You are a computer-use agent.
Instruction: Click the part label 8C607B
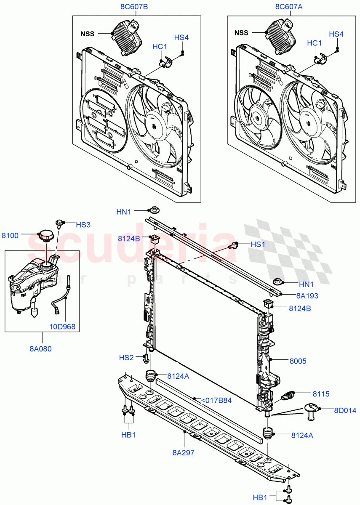point(134,7)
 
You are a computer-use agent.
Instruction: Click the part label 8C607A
point(289,7)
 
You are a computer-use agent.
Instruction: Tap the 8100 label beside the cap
point(10,236)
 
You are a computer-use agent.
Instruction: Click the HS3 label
point(83,225)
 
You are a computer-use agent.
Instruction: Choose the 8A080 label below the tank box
point(40,348)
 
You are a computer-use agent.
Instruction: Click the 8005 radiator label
point(298,361)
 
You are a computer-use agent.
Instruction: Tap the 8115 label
point(321,394)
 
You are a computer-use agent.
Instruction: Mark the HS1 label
point(258,244)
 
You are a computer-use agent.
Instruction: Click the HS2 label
point(126,358)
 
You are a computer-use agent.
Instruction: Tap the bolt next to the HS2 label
point(146,359)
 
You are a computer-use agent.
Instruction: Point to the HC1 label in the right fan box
point(314,43)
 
